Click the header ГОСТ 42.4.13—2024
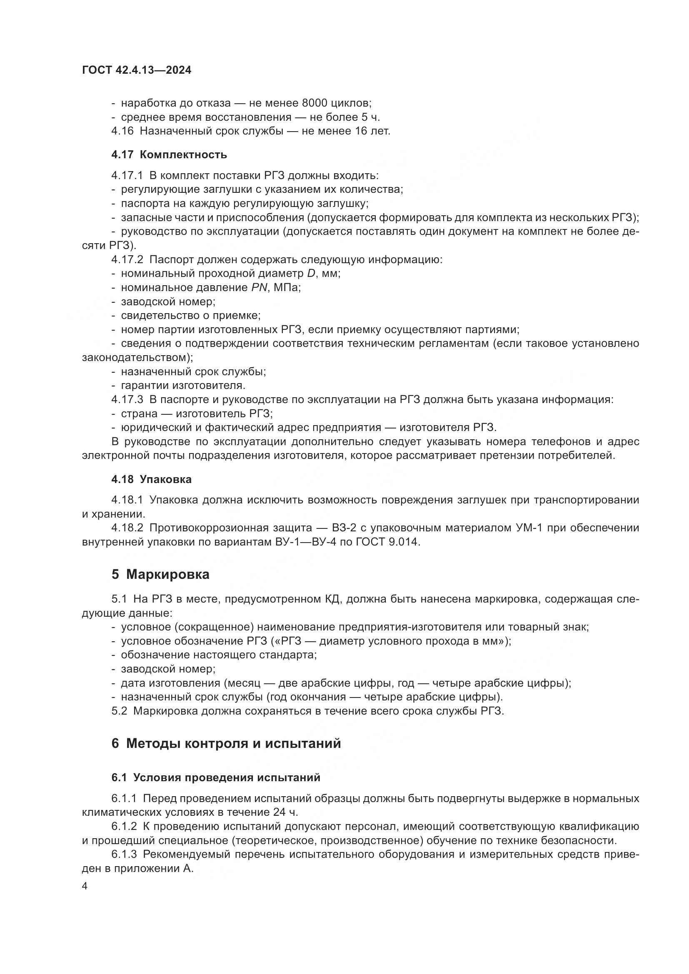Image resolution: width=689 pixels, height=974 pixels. pos(137,70)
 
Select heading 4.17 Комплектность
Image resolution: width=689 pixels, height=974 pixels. pos(169,154)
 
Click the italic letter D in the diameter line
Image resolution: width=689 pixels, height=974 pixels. pos(312,273)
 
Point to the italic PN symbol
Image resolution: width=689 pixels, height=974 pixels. pos(259,288)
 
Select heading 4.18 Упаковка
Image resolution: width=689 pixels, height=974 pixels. pos(152,479)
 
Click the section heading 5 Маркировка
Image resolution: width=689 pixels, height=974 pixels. pos(160,575)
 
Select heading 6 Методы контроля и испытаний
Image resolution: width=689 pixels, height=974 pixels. pos(226,744)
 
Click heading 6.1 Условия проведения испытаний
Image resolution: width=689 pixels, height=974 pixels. pos(215,777)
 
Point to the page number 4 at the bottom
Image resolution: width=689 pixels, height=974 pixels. pos(85,887)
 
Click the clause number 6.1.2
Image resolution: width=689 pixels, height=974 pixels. pos(124,826)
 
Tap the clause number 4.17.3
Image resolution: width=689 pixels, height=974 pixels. pos(127,400)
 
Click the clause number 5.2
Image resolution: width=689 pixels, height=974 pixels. pos(119,711)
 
